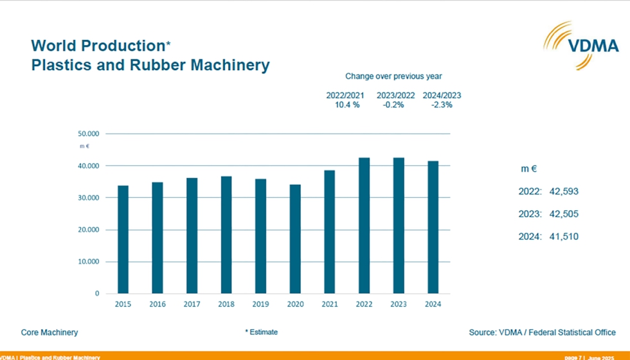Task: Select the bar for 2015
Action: click(123, 239)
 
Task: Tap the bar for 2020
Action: click(296, 239)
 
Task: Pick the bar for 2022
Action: click(364, 225)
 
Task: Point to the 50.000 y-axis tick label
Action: click(88, 134)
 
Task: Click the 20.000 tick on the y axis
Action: click(88, 230)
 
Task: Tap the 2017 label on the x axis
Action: click(192, 304)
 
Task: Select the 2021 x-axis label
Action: click(330, 304)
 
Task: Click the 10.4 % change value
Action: click(345, 105)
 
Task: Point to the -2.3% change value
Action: click(442, 105)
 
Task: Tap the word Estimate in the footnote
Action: click(264, 332)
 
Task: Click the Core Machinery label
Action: click(50, 332)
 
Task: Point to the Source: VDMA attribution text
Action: click(542, 332)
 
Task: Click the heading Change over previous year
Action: click(393, 76)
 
